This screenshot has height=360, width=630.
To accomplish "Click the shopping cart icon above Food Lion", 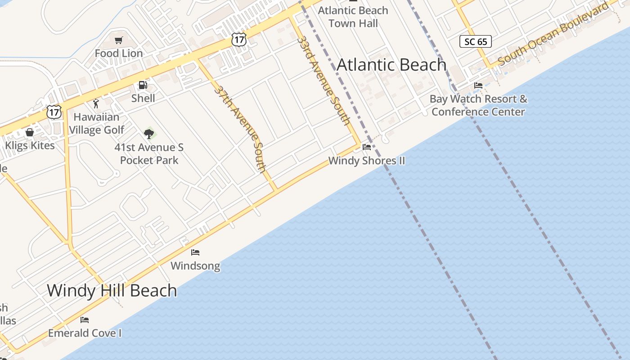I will coord(119,40).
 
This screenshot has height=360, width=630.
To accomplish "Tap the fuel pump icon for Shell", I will coord(143,85).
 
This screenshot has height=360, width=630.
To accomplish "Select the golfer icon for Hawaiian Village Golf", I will coord(96,104).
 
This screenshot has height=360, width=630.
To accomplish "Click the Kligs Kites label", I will coord(30,145).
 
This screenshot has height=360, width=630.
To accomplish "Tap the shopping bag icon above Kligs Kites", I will coord(30,132).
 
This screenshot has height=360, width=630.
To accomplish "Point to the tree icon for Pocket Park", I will coord(149,134).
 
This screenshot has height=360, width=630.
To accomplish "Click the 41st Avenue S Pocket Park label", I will coord(149,154).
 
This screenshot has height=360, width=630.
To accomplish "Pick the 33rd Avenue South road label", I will coord(324,80).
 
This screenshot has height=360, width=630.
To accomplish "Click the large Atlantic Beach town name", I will coord(391,65).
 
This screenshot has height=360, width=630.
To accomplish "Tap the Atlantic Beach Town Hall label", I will coord(353,17).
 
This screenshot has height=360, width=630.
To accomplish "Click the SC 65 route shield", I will coord(476,42).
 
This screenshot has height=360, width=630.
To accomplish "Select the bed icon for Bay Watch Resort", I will coord(478,85).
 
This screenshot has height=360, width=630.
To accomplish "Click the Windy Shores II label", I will coord(367,161).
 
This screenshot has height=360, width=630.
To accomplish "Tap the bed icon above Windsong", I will coord(195,252).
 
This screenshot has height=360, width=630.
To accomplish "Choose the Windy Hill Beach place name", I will coord(112,290).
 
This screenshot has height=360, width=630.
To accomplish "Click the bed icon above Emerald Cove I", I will coord(85,320).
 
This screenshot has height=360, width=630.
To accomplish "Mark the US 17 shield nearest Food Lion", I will coord(239,40).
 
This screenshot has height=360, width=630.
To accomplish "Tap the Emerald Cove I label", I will coord(85,333).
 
